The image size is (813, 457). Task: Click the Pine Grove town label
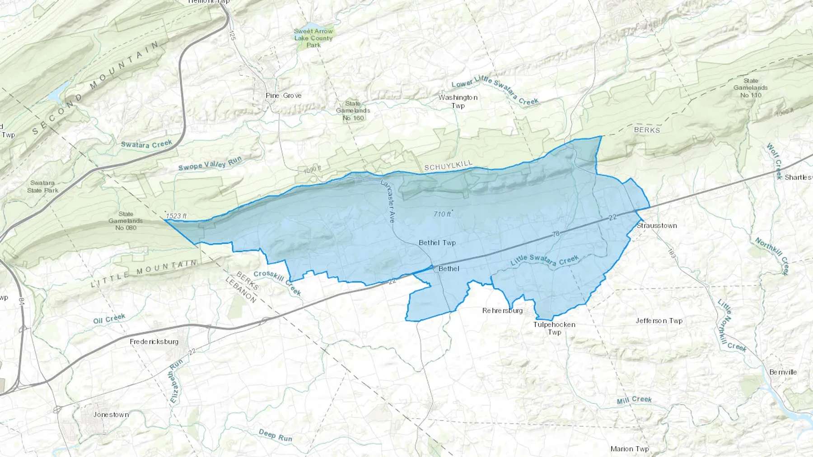click(283, 96)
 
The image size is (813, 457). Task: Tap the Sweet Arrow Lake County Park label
click(313, 38)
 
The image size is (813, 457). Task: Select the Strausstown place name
click(657, 226)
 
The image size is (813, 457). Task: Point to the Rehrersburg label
click(502, 311)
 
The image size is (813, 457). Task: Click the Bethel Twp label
click(437, 243)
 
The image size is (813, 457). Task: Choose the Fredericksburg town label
click(154, 342)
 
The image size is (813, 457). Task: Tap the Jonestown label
click(111, 415)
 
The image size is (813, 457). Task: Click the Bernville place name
click(783, 372)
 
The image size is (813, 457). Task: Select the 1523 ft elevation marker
click(176, 216)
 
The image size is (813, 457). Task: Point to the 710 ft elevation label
click(442, 214)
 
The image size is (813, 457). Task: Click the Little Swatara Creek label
click(544, 260)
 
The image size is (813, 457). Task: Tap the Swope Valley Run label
click(210, 163)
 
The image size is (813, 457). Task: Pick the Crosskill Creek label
click(277, 282)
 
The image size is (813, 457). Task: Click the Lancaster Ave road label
click(388, 201)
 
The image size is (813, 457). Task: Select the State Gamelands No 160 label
click(353, 111)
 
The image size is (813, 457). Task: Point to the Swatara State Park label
click(42, 186)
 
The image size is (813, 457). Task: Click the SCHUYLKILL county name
click(448, 166)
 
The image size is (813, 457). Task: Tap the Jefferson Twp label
click(659, 321)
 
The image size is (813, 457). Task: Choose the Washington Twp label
click(458, 102)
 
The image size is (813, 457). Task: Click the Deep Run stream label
click(275, 435)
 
